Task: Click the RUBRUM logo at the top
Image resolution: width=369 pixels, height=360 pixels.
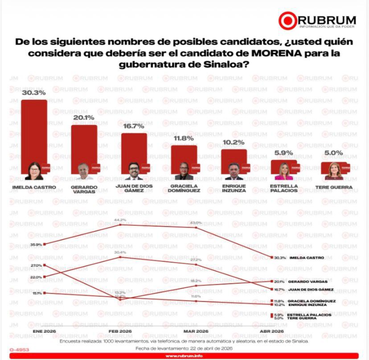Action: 317,21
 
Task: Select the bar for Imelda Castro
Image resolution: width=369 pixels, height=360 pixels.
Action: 34,134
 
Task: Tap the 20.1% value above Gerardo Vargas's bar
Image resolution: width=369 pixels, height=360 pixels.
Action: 84,118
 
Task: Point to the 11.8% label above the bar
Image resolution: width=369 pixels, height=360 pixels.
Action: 184,138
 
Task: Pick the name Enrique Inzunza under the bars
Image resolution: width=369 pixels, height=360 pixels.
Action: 234,188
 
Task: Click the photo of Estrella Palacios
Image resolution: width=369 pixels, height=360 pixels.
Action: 283,170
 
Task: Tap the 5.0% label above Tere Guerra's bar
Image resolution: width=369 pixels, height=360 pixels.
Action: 334,153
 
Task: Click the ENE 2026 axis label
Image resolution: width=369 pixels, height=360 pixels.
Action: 44,332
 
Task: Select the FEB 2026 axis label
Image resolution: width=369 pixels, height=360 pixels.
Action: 120,332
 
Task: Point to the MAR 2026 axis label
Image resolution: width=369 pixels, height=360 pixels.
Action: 196,332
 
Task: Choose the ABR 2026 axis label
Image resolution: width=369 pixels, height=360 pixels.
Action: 271,332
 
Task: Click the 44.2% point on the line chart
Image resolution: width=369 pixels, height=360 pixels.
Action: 120,224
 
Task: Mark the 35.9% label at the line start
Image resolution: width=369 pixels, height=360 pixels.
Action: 36,244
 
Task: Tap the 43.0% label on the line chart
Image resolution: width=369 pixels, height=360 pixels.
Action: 196,223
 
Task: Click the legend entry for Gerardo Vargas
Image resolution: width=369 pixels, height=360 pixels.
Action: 307,282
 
